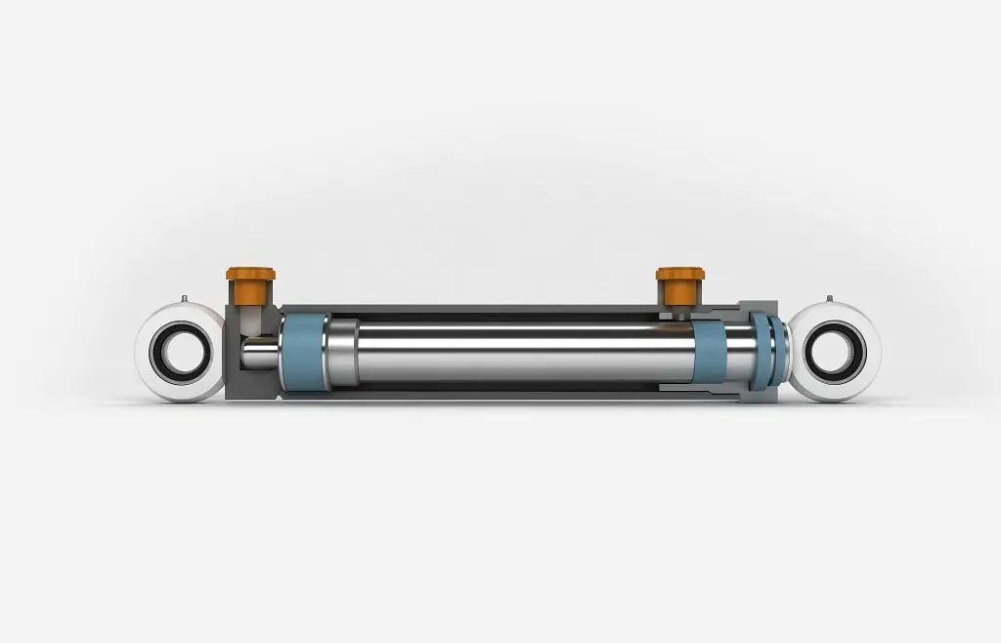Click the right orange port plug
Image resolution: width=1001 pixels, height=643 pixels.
(674, 284)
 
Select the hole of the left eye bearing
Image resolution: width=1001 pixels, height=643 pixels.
(181, 353)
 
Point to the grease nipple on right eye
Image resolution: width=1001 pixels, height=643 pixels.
(830, 297)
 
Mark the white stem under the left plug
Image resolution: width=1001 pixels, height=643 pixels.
(250, 318)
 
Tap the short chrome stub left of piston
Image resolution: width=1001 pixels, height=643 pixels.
(261, 352)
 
